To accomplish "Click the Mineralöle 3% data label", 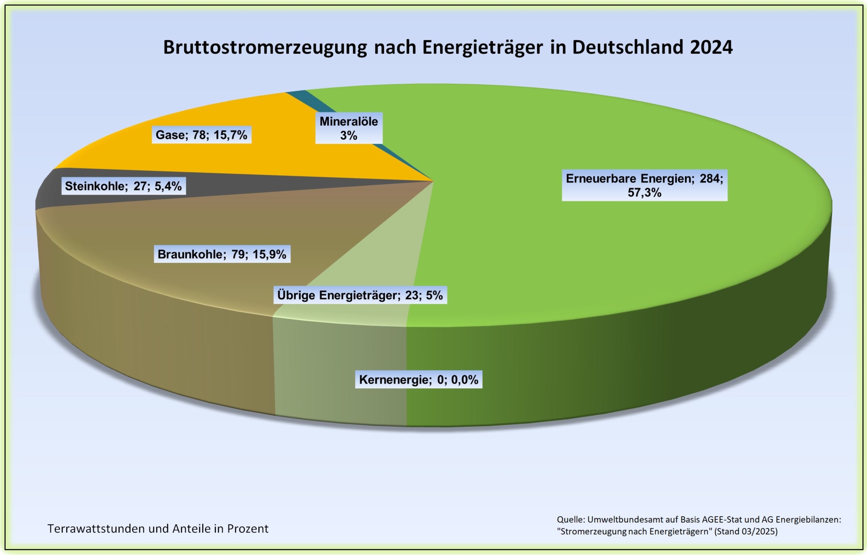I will coord(349,128).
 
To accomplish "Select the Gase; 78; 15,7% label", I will coord(201,135).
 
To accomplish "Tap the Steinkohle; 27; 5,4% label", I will coord(123,186).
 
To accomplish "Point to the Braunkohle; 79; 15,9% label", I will coord(222,254).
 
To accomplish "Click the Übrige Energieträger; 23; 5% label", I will coord(360,295).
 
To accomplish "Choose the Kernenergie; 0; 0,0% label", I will coord(419,380).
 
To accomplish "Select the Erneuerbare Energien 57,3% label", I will coord(644,186).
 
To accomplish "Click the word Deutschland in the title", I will coord(628,47).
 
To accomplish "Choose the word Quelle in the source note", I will coord(570,520).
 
